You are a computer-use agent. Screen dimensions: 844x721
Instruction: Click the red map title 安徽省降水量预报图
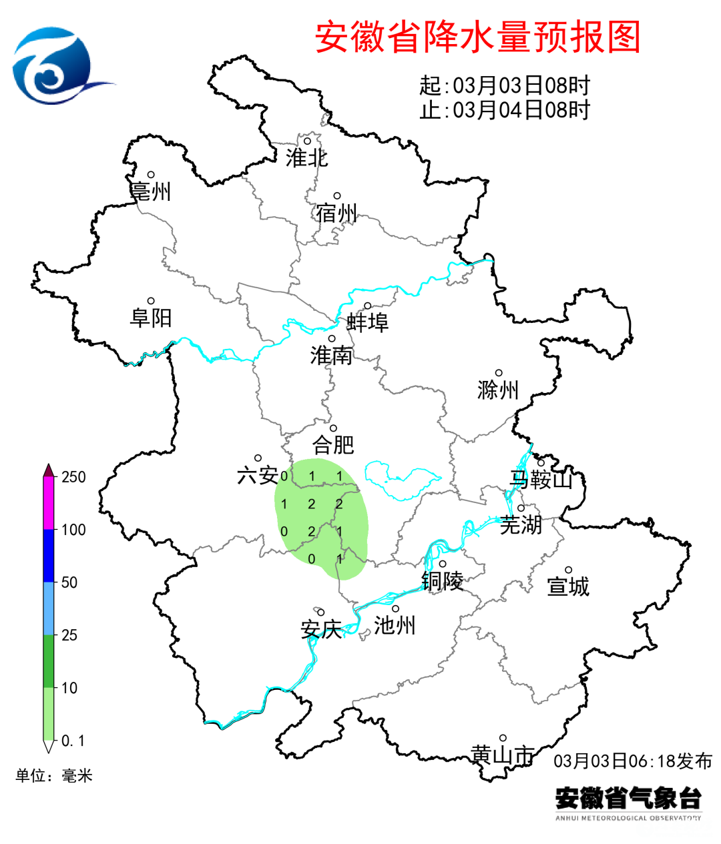(x=477, y=37)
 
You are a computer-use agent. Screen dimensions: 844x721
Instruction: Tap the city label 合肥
(x=333, y=444)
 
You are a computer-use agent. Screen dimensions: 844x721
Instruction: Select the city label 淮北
(x=307, y=158)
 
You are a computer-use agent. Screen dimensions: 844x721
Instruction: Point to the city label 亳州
(x=151, y=191)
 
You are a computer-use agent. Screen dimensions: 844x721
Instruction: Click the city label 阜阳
(x=151, y=318)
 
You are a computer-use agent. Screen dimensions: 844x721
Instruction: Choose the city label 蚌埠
(x=367, y=323)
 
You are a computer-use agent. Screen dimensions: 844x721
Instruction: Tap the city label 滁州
(x=498, y=390)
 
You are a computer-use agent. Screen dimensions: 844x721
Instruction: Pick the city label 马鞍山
(x=541, y=479)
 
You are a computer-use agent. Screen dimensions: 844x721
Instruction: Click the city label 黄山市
(x=503, y=755)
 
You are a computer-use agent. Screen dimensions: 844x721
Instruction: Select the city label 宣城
(x=568, y=586)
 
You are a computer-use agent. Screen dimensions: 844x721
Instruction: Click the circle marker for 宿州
(x=338, y=196)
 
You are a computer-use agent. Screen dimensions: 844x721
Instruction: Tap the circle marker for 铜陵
(x=442, y=564)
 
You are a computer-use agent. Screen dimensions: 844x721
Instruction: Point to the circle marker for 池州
(x=395, y=608)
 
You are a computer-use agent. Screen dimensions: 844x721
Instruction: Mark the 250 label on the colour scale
(x=73, y=477)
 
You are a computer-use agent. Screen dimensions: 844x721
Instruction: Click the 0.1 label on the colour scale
(x=73, y=741)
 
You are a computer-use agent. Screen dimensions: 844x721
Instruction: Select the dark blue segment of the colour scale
(x=49, y=556)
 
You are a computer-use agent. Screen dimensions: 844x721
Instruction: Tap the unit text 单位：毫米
(x=54, y=775)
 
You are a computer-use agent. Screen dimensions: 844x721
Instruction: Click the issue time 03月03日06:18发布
(x=632, y=761)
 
